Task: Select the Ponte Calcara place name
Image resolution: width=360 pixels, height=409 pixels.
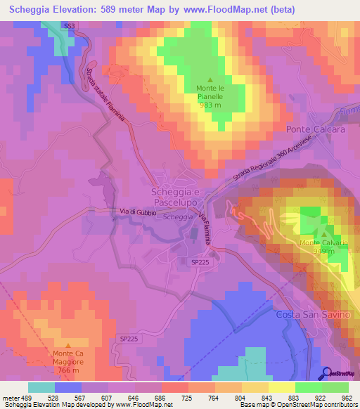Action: click(x=315, y=130)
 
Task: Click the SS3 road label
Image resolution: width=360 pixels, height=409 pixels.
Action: click(x=68, y=26)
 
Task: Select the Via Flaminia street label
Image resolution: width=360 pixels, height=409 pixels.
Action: click(x=204, y=228)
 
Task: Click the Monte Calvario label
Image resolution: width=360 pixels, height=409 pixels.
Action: click(x=324, y=243)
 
